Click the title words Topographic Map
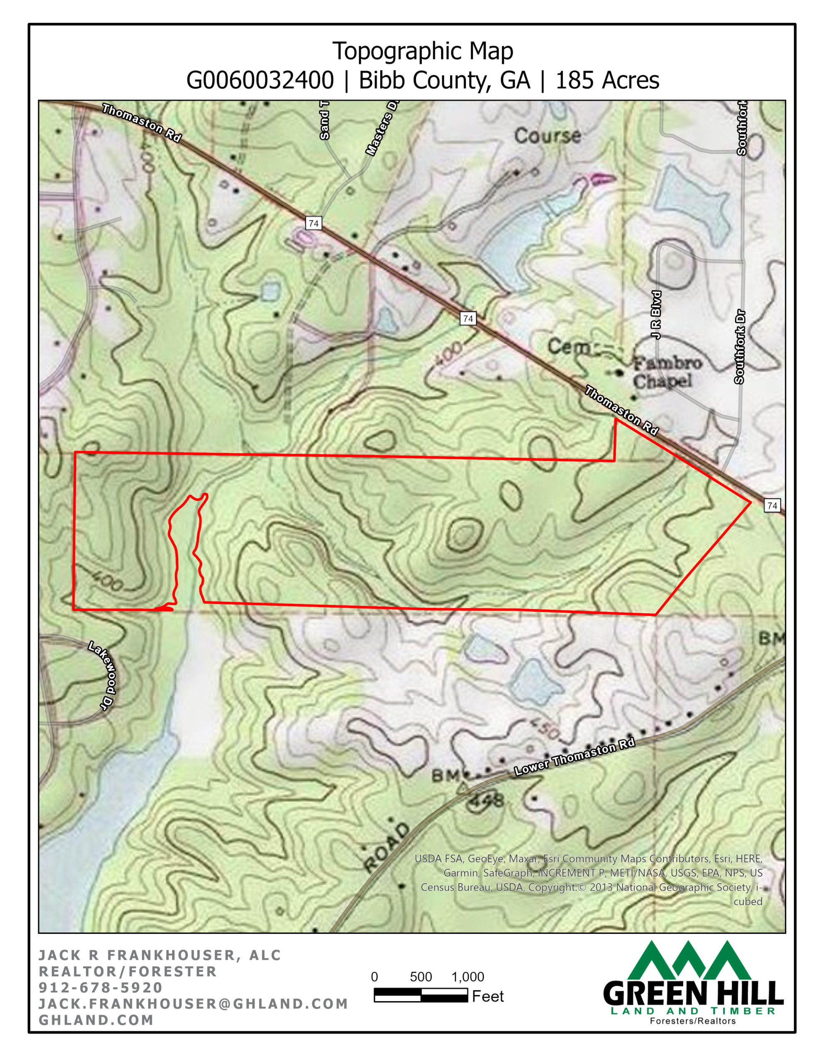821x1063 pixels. tap(422, 51)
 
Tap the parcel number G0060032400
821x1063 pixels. tap(260, 80)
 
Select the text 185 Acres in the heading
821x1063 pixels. tap(607, 80)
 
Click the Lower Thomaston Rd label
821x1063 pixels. tap(574, 757)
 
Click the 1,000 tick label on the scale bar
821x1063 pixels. tap(467, 977)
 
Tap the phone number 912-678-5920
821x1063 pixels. tap(101, 987)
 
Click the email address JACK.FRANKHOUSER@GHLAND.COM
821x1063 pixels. tap(193, 1004)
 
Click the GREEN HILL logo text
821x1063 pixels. tap(692, 994)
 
